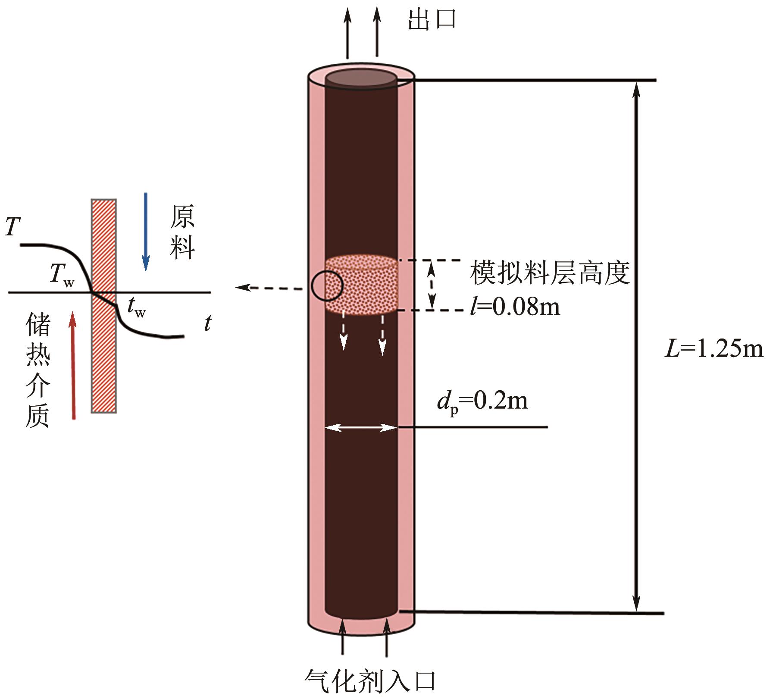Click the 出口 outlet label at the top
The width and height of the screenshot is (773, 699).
[432, 19]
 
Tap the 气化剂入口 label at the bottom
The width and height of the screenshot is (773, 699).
[370, 680]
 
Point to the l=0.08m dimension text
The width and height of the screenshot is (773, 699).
[515, 307]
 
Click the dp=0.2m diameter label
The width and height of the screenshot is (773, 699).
[482, 402]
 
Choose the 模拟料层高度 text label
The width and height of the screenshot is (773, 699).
[550, 273]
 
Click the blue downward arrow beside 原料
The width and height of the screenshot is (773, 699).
[146, 232]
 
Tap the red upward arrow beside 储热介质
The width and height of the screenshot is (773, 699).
[73, 365]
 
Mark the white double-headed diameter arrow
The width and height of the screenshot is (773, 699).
[360, 428]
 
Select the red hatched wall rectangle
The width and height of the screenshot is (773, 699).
[103, 306]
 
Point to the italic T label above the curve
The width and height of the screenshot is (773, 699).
[13, 226]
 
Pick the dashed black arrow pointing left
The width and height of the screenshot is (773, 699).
[269, 288]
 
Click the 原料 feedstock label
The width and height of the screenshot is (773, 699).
[182, 232]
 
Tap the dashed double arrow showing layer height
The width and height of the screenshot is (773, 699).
[432, 285]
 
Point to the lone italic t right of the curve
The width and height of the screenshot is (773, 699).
[208, 323]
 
